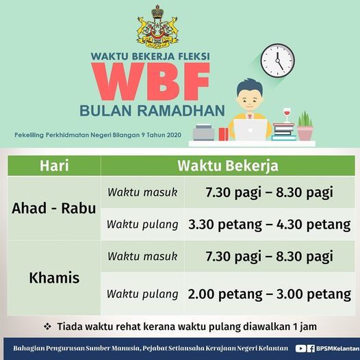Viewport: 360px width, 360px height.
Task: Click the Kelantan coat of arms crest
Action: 157,27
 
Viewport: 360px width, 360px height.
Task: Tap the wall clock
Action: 278,61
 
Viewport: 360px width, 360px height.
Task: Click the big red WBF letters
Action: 151,81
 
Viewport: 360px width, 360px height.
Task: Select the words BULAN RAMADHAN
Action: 152,110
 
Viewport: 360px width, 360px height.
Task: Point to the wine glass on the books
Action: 287,115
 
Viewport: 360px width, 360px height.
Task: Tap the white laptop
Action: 250,130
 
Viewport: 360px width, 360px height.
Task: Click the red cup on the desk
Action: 223,134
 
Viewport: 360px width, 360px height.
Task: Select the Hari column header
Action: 54,166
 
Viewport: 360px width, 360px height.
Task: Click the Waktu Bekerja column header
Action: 228,166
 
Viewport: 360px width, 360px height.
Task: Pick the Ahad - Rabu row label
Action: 53,208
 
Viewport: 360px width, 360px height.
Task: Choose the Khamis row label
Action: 54,278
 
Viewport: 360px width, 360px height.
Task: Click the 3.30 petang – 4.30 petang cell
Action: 270,224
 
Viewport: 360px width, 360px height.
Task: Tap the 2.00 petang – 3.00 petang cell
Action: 270,294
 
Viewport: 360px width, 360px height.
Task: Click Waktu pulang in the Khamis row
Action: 142,294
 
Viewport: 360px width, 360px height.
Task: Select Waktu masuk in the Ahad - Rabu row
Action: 142,192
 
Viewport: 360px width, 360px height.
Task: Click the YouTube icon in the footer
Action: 300,348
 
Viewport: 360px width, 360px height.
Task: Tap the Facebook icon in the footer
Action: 311,348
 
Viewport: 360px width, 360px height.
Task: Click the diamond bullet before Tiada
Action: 47,326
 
